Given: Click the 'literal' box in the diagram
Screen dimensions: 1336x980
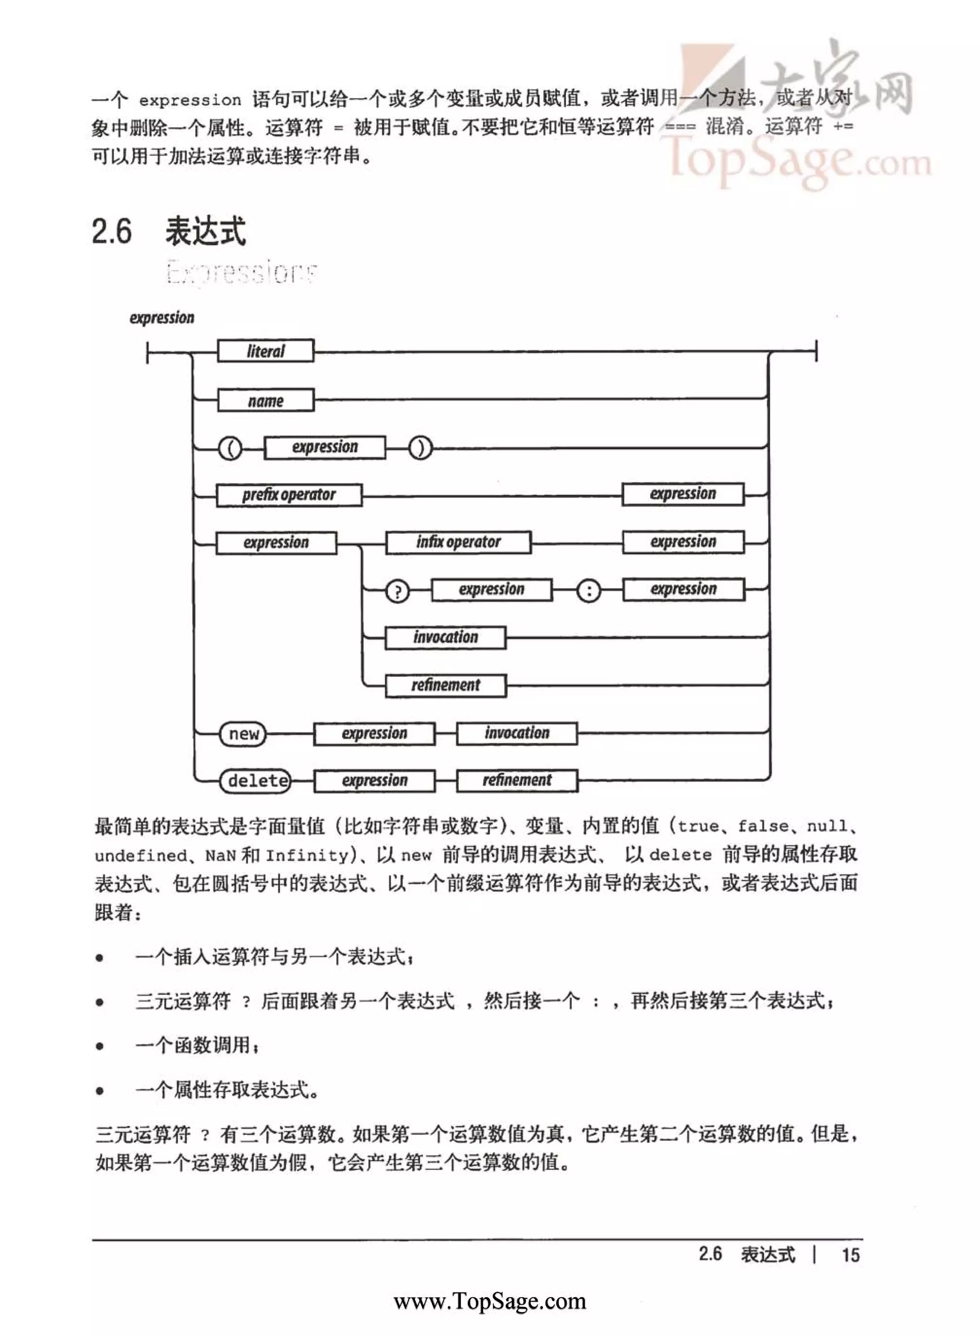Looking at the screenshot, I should point(265,351).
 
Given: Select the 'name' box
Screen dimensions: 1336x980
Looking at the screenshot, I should point(265,401).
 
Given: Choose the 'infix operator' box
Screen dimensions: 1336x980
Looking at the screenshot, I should point(458,542).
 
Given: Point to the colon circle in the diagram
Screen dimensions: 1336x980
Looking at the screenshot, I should point(589,591).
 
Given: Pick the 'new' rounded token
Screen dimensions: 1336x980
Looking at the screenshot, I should point(243,734).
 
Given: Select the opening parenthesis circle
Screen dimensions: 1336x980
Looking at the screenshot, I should point(230,449).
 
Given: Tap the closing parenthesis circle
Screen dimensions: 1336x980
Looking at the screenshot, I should point(420,449).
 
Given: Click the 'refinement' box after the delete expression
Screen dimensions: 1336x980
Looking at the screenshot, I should point(517,780).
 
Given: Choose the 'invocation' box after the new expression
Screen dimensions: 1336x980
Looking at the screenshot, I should point(517,733).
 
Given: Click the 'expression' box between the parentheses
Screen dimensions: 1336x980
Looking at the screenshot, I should point(324,447).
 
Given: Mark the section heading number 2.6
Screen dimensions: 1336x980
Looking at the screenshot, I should point(112,231).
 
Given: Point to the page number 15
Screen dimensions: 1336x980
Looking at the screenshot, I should point(850,1255).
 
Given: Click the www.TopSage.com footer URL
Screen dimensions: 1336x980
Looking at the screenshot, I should point(490,1301).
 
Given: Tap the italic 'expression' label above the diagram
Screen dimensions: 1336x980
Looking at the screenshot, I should point(162,318).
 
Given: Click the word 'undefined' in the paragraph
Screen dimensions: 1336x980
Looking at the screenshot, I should point(141,855).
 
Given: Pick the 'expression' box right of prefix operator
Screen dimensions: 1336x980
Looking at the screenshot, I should point(683,494).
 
